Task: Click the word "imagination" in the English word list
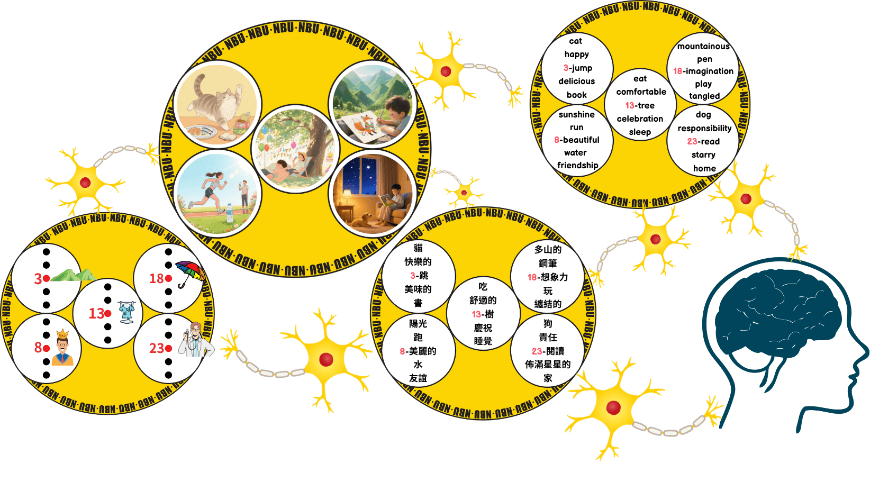pos(710,71)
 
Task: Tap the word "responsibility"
pos(704,128)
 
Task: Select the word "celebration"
pos(640,119)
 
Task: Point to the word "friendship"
pos(577,165)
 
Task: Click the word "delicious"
pos(576,81)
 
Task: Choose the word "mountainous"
pos(703,46)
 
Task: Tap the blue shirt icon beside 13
pos(127,312)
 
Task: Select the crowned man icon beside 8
pos(62,348)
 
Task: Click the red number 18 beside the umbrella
pos(156,278)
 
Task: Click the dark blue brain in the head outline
pos(767,323)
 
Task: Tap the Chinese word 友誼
pos(418,378)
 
